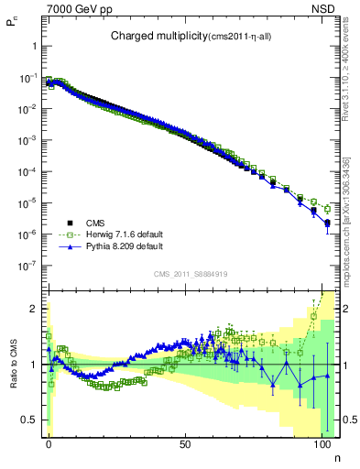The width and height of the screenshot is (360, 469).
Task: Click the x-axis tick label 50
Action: point(185,442)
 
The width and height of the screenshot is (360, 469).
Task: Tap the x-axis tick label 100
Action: point(321,442)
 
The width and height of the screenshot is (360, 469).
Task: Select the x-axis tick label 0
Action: point(49,442)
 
